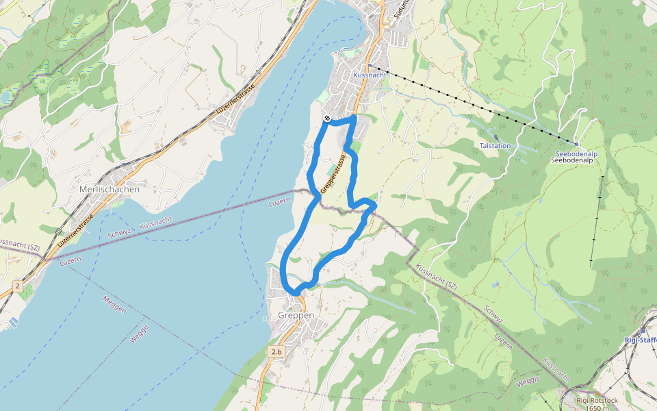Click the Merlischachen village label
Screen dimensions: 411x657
click(109, 189)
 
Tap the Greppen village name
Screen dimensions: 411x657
click(296, 316)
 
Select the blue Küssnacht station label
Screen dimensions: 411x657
click(370, 74)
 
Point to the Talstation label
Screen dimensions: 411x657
click(495, 146)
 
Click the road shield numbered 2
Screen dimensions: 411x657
click(17, 284)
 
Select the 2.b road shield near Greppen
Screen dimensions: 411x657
click(276, 351)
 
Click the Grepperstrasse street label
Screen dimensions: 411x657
click(333, 173)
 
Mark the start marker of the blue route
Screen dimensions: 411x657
click(328, 119)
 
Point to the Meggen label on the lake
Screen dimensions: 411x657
click(114, 304)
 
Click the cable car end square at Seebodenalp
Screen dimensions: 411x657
click(576, 145)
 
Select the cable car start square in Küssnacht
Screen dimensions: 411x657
click(370, 66)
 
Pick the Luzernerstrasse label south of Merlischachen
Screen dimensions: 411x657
click(75, 230)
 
